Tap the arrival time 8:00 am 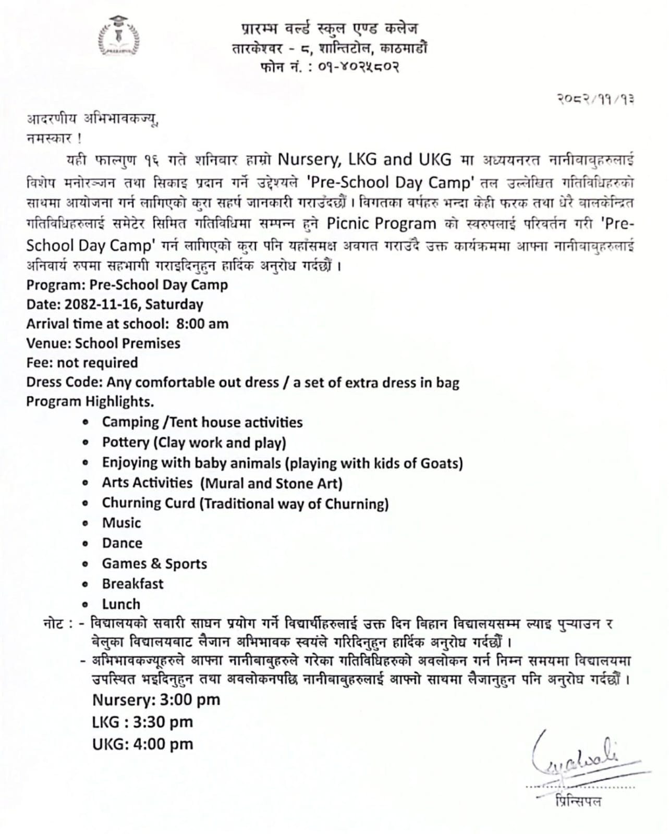(202, 324)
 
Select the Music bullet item (121, 523)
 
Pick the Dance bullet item (122, 543)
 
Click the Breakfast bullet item (132, 584)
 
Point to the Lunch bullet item (121, 604)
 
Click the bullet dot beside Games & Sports (86, 564)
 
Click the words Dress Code (64, 383)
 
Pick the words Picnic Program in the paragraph (381, 224)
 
